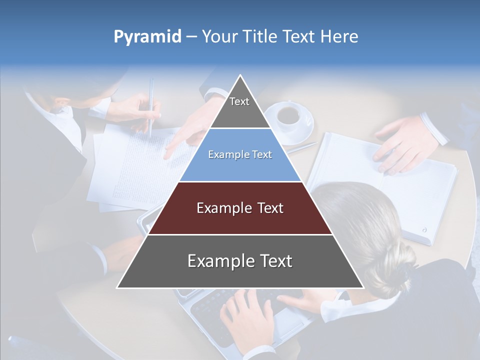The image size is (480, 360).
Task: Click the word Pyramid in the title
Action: click(147, 37)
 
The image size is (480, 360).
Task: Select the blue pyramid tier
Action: click(240, 155)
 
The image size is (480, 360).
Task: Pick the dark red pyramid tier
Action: click(240, 208)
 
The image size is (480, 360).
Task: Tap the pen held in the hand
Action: click(151, 107)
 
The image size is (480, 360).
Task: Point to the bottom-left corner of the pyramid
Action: click(117, 288)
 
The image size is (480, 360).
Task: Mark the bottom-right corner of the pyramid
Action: click(363, 288)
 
